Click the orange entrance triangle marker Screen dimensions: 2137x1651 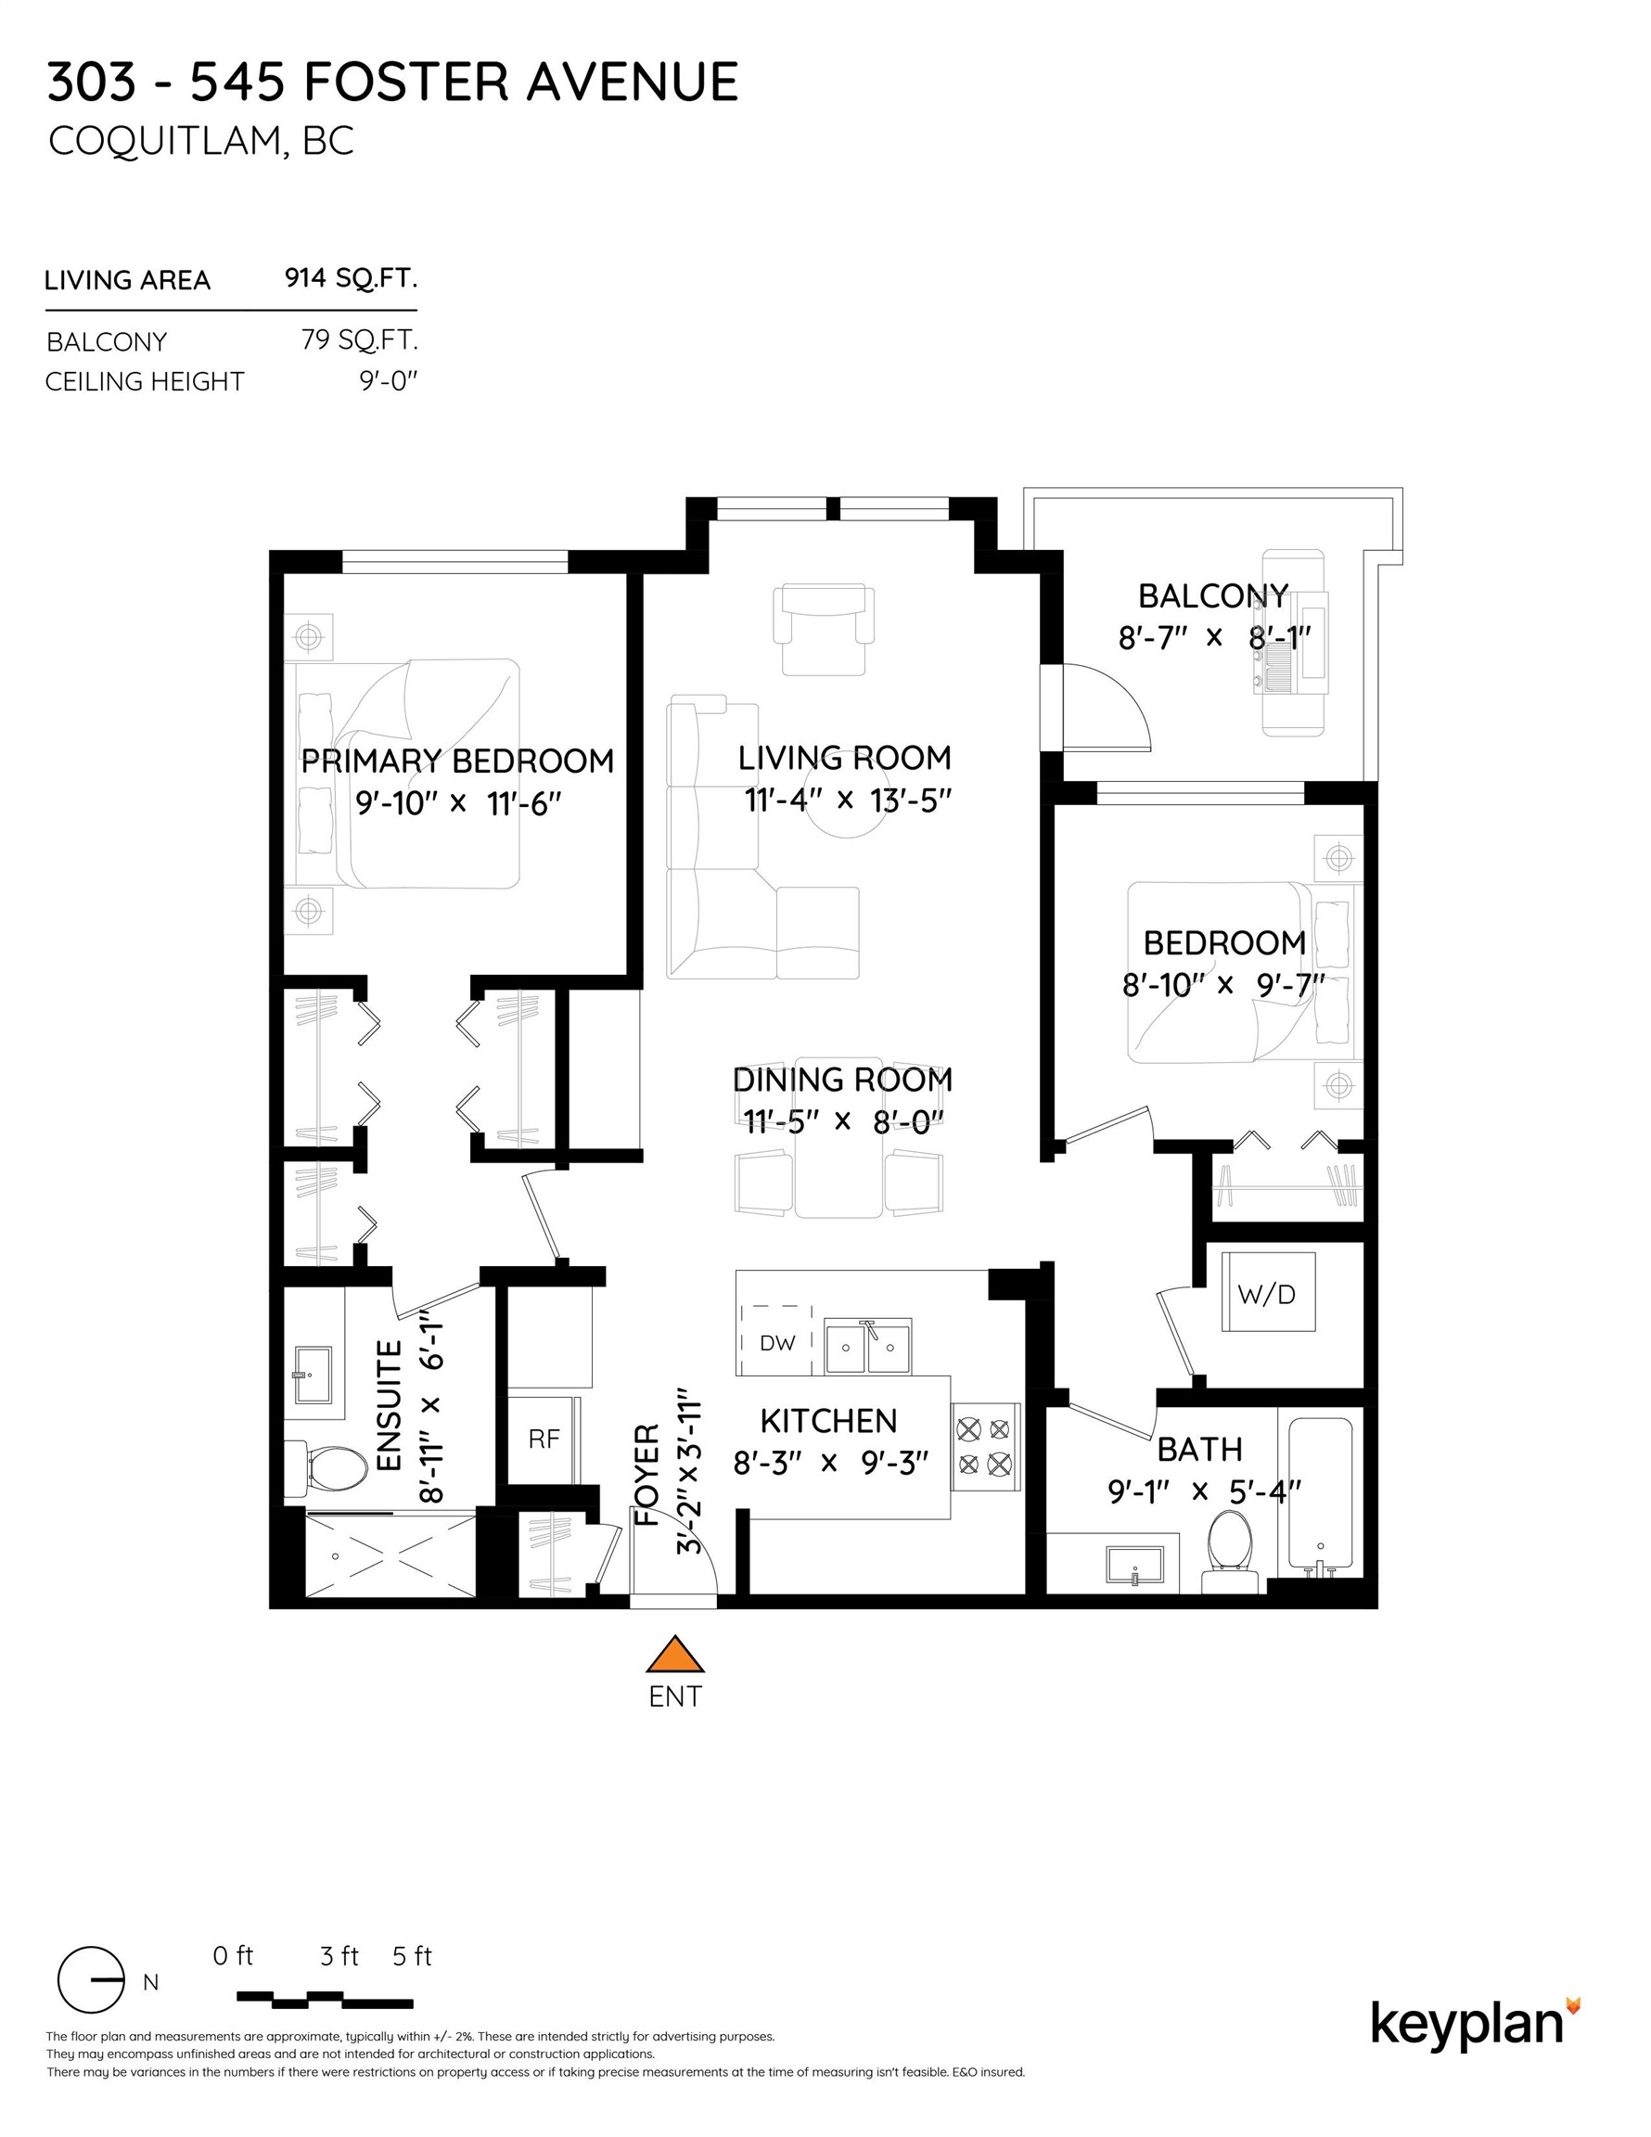pyautogui.click(x=675, y=1654)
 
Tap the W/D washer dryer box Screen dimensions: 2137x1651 pyautogui.click(x=1267, y=1294)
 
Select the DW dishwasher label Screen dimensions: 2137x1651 pyautogui.click(x=777, y=1342)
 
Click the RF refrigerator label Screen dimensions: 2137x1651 pyautogui.click(x=544, y=1439)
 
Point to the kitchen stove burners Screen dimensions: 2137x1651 pyautogui.click(x=983, y=1446)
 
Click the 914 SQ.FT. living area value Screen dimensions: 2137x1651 pyautogui.click(x=351, y=279)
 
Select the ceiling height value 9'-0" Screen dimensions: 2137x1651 pyautogui.click(x=388, y=380)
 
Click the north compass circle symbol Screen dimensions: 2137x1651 pyautogui.click(x=91, y=1979)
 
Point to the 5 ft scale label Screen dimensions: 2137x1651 pyautogui.click(x=412, y=1956)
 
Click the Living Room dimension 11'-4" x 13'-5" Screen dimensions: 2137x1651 pyautogui.click(x=848, y=800)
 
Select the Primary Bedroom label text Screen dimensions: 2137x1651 pyautogui.click(x=457, y=761)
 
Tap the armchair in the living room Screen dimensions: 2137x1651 pyautogui.click(x=823, y=628)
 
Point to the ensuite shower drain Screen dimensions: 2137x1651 pyautogui.click(x=336, y=1555)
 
